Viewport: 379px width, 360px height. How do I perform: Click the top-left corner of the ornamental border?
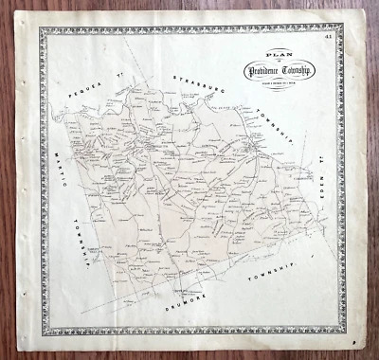tap(40, 29)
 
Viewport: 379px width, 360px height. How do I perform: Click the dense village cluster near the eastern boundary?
tap(249, 149)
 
